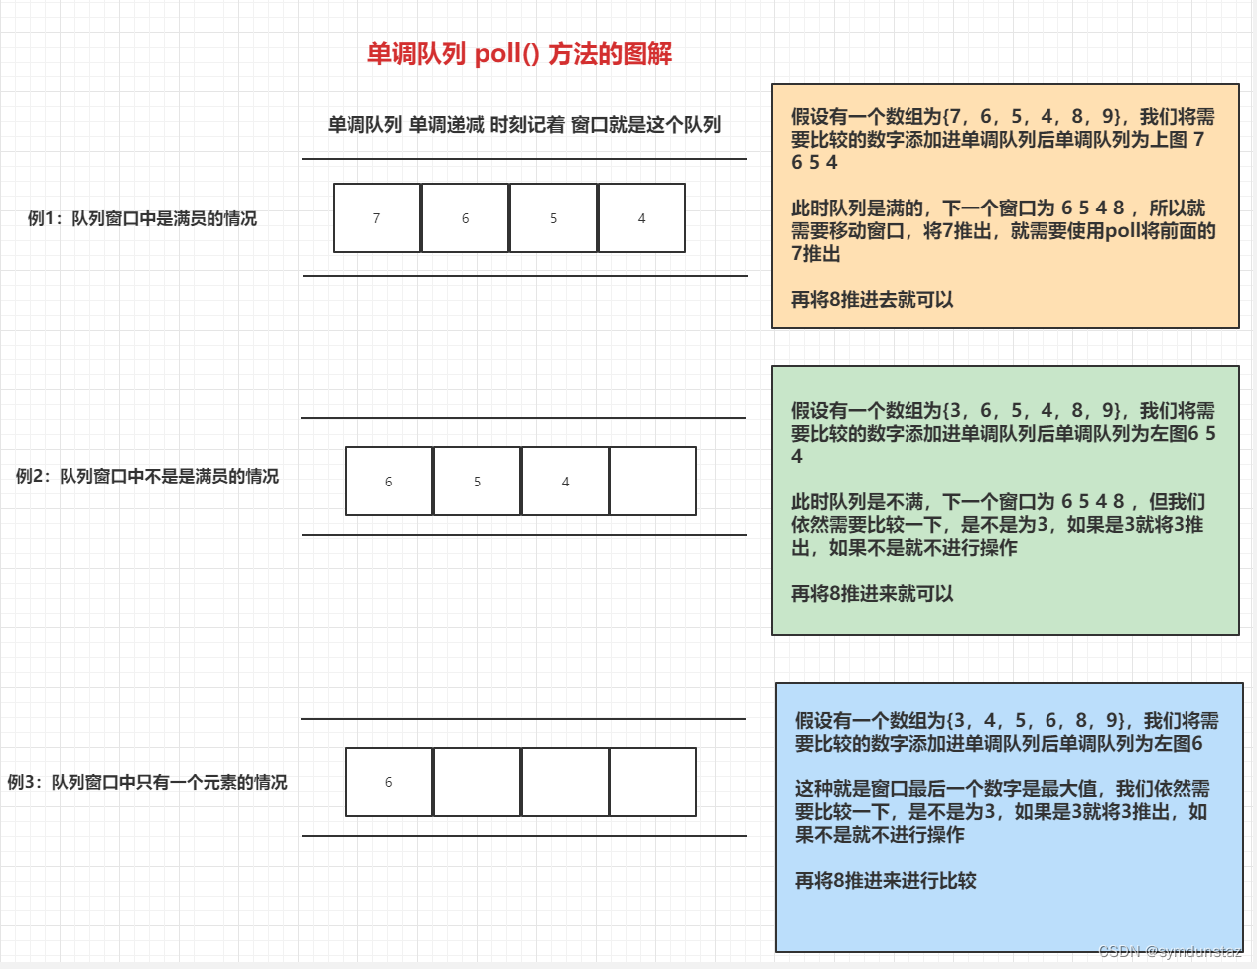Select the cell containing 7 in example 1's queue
coord(377,218)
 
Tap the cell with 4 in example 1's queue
coord(642,218)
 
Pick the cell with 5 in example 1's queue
coord(554,218)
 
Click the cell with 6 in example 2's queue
coord(389,482)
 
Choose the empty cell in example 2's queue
coord(653,482)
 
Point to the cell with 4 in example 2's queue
coord(566,482)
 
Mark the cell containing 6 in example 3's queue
coord(389,782)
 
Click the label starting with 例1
coord(142,218)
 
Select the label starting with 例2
coord(147,477)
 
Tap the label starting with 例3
coord(147,782)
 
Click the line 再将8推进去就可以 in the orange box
coord(872,300)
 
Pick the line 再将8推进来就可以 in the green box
coord(872,594)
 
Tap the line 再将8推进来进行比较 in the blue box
coord(886,881)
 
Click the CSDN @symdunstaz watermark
coord(1171,951)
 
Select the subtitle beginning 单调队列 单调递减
coord(524,125)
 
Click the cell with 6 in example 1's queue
coord(466,218)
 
